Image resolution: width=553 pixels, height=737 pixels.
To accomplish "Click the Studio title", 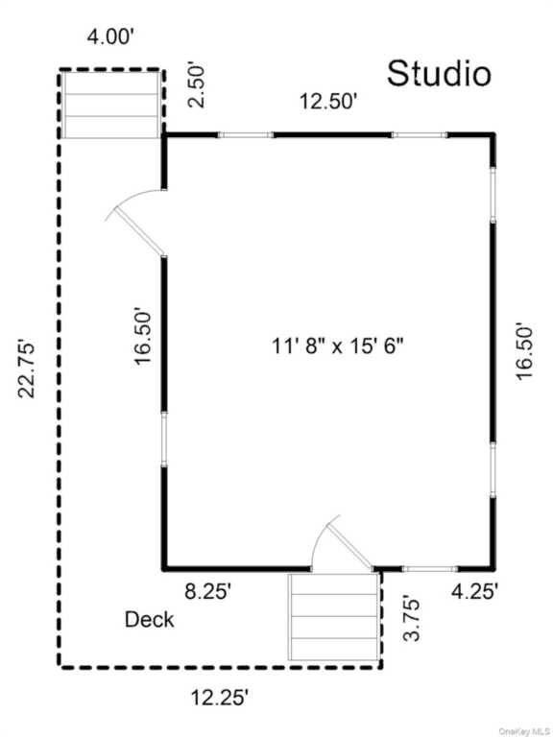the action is (x=439, y=74).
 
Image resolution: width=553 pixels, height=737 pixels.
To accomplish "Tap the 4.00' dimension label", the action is (x=111, y=36).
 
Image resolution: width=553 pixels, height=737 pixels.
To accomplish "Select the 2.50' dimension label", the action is (x=197, y=86).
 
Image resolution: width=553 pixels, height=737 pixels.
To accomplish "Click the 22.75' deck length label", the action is (x=26, y=368).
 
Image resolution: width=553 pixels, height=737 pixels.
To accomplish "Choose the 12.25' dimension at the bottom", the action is (x=219, y=697).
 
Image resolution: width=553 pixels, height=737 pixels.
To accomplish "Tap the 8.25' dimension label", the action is (x=208, y=592).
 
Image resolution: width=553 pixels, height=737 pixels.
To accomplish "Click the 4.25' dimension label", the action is (x=474, y=591).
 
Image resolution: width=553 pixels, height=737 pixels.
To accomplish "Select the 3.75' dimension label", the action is (x=412, y=619).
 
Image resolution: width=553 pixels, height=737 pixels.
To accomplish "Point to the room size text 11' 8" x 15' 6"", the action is (x=338, y=346).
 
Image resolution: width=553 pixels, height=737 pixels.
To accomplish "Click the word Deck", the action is (x=149, y=620).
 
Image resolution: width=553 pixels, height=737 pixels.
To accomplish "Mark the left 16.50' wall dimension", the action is (x=143, y=336).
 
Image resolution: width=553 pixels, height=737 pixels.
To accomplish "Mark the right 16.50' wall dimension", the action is (x=524, y=350).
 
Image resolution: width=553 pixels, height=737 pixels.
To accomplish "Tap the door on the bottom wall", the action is (x=347, y=543).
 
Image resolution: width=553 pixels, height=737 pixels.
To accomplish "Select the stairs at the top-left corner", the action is (x=111, y=104).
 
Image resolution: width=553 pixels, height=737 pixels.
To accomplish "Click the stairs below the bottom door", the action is (x=334, y=617).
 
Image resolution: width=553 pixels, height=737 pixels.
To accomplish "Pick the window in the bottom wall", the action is (x=430, y=569).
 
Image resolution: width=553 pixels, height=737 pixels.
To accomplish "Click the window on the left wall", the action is (x=164, y=440).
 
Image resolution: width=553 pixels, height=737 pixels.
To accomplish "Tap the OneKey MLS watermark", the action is (x=525, y=731).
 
